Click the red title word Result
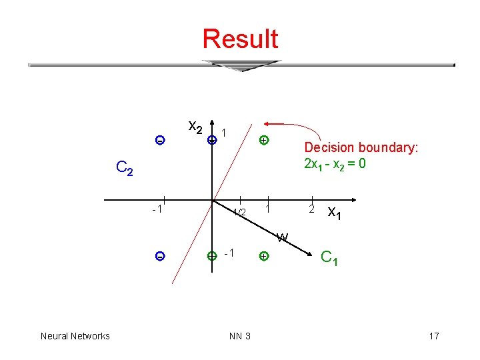[240, 39]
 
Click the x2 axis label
[195, 125]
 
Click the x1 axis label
[335, 213]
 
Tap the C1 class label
[329, 257]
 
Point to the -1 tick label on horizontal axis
[158, 210]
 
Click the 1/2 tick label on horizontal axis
[239, 212]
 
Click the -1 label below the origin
[229, 253]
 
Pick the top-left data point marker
[159, 140]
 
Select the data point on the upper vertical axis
[211, 140]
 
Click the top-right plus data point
[264, 140]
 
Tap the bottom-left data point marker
[160, 256]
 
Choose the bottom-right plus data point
[264, 256]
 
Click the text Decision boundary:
[361, 148]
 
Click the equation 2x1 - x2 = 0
[335, 164]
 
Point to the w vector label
[283, 237]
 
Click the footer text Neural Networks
[75, 336]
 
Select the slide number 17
[434, 336]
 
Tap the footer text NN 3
[240, 336]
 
